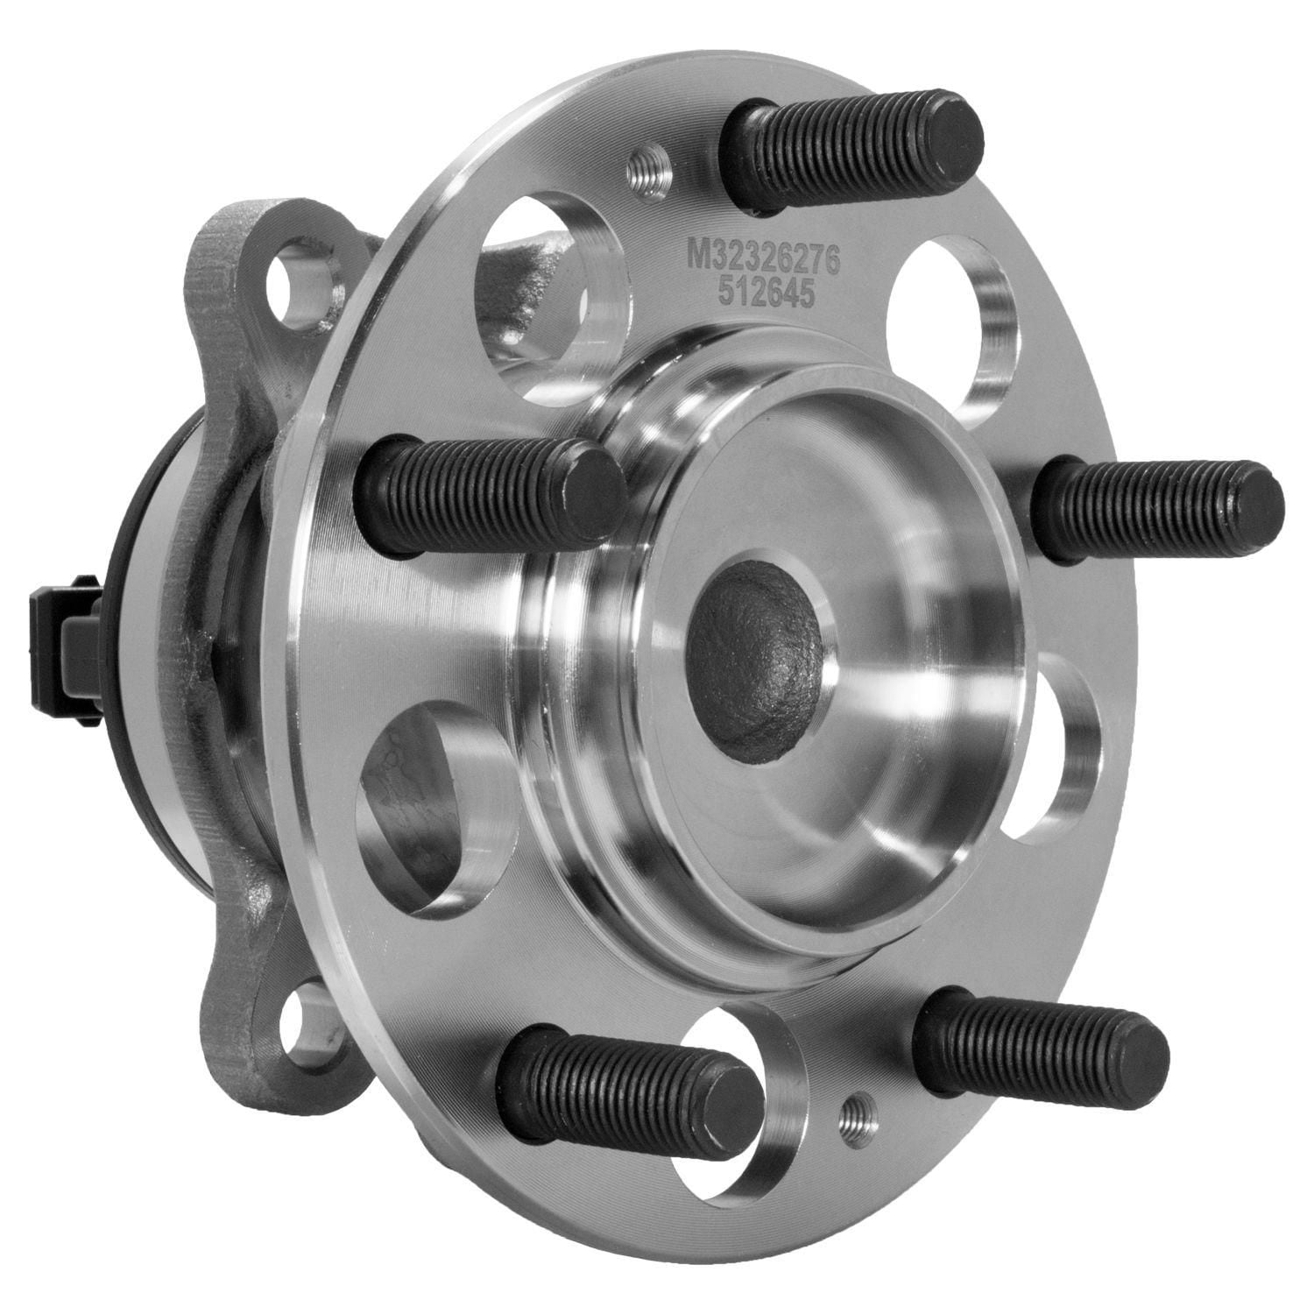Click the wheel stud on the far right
(x=1156, y=500)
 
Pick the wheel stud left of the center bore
(x=491, y=495)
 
